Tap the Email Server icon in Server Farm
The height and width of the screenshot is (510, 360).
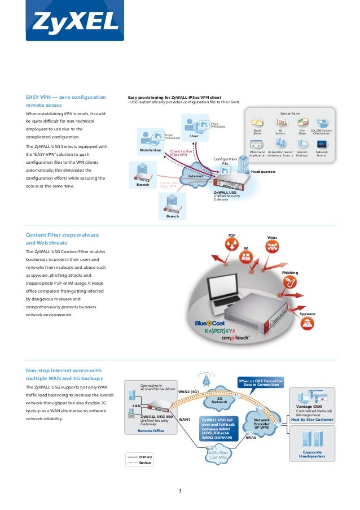[257, 123]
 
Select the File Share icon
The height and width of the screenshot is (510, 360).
[302, 123]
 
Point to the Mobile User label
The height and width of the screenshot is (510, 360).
[151, 151]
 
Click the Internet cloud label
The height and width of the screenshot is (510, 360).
[196, 176]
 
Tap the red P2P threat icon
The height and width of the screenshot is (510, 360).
[231, 244]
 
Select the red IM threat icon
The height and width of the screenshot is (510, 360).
[245, 258]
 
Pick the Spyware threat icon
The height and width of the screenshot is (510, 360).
[307, 323]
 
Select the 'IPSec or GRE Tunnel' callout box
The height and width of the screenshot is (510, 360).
[261, 383]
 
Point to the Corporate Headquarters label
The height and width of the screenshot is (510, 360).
[312, 454]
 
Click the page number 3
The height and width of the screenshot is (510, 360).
[180, 490]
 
